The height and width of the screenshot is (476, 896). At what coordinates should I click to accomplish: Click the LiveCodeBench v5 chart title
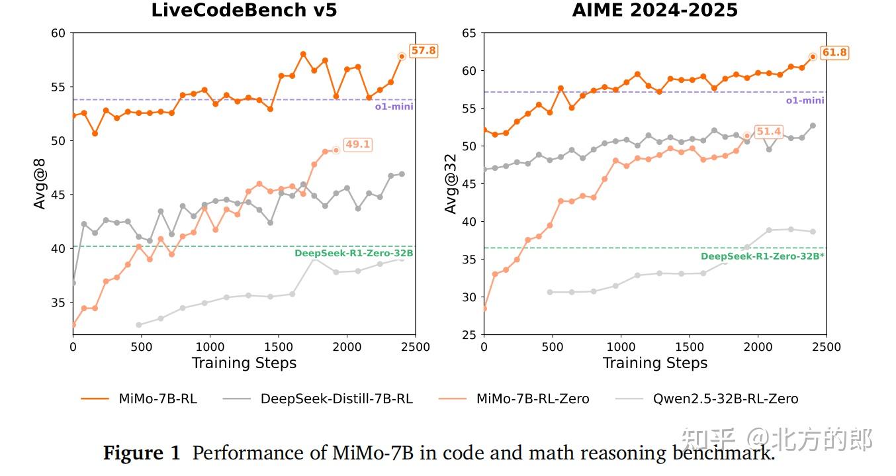click(x=244, y=11)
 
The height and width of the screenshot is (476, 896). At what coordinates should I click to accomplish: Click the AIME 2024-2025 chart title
click(x=654, y=11)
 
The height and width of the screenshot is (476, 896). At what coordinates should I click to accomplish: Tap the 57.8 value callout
click(x=424, y=50)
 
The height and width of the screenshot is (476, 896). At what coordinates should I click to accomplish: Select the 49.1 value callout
click(x=357, y=145)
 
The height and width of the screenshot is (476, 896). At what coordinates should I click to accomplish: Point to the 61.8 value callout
click(x=834, y=52)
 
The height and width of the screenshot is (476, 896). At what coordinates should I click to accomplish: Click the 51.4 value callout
click(x=769, y=132)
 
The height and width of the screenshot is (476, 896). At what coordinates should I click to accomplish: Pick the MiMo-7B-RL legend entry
click(x=157, y=399)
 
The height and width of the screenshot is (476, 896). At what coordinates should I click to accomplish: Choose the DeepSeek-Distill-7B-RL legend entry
click(x=336, y=399)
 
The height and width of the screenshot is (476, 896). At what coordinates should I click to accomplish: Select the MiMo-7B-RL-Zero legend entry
click(x=533, y=399)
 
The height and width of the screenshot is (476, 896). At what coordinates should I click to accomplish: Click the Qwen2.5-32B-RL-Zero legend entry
click(x=725, y=399)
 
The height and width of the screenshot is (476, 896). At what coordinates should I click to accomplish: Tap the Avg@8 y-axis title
click(x=41, y=184)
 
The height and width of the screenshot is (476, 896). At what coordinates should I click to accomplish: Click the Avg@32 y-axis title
click(x=451, y=184)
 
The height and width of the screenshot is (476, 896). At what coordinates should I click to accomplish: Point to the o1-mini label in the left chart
click(x=395, y=106)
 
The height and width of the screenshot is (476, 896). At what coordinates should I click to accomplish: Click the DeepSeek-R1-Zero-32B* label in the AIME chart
click(x=762, y=256)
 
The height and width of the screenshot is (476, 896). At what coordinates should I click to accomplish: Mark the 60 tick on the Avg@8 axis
click(x=58, y=33)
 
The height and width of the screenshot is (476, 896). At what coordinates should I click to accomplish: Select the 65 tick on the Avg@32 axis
click(x=469, y=33)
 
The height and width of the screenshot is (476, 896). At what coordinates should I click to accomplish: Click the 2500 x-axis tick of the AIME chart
click(x=826, y=347)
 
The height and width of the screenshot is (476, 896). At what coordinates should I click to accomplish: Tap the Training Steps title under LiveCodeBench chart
click(x=244, y=363)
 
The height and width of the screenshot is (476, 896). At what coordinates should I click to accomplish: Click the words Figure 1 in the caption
click(x=142, y=453)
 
